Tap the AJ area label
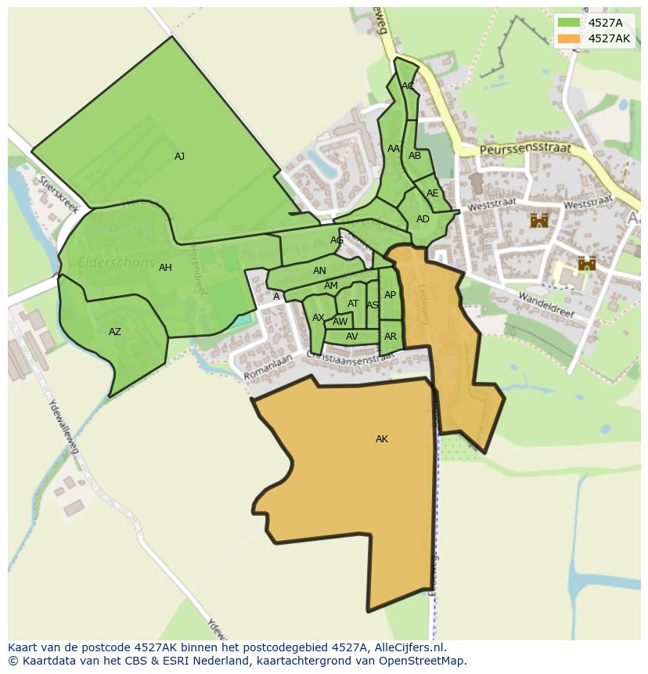click(x=179, y=157)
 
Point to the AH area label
click(x=165, y=268)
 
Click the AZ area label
click(x=115, y=332)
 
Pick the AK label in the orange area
click(x=382, y=439)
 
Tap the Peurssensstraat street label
click(x=526, y=149)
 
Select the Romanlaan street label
click(x=268, y=368)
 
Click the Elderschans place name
click(x=116, y=263)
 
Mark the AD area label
click(x=423, y=219)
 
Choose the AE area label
click(x=432, y=193)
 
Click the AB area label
click(x=415, y=156)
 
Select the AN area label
click(x=319, y=271)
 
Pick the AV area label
click(x=351, y=337)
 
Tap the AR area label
click(x=391, y=337)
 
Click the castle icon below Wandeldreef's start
click(x=587, y=264)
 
